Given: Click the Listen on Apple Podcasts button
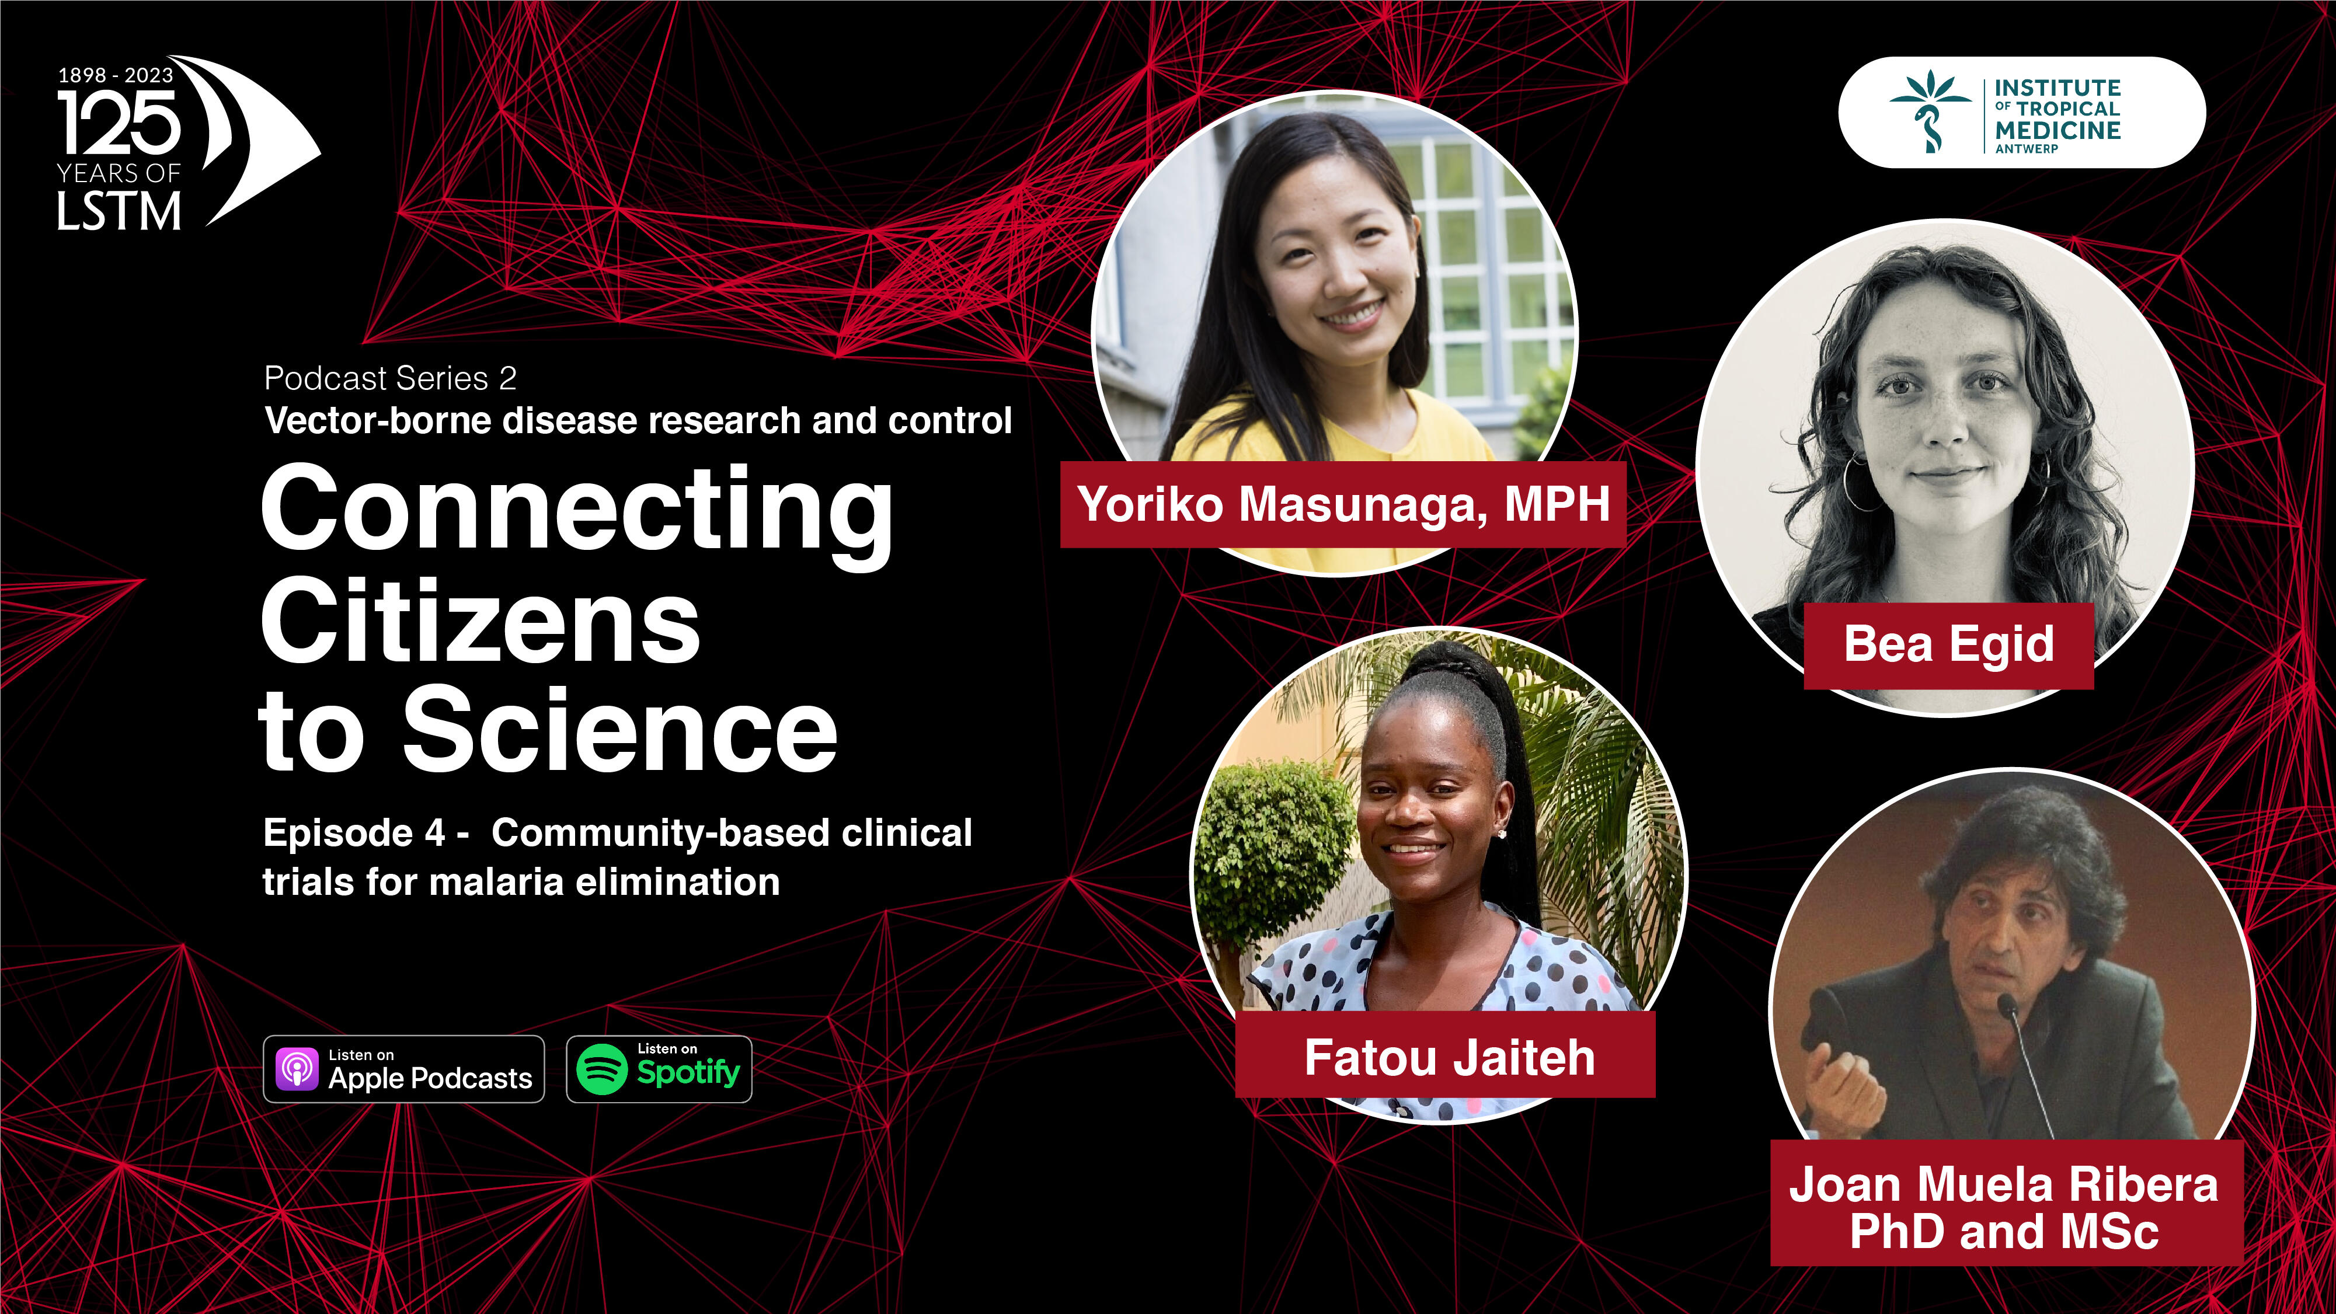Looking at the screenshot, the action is pyautogui.click(x=403, y=1069).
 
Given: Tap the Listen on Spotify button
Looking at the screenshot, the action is pyautogui.click(x=659, y=1069).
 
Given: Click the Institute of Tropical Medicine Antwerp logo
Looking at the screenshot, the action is pyautogui.click(x=2022, y=113).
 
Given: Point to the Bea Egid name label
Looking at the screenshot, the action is pyautogui.click(x=1949, y=645).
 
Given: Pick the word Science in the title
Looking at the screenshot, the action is pyautogui.click(x=620, y=730).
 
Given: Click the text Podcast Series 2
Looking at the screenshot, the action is pyautogui.click(x=390, y=378).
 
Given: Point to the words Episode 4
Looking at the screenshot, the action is pyautogui.click(x=354, y=832).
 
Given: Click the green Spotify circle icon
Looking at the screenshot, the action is pyautogui.click(x=602, y=1069).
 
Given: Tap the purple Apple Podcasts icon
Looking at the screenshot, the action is pyautogui.click(x=297, y=1069).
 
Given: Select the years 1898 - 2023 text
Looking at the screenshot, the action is pyautogui.click(x=115, y=75).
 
